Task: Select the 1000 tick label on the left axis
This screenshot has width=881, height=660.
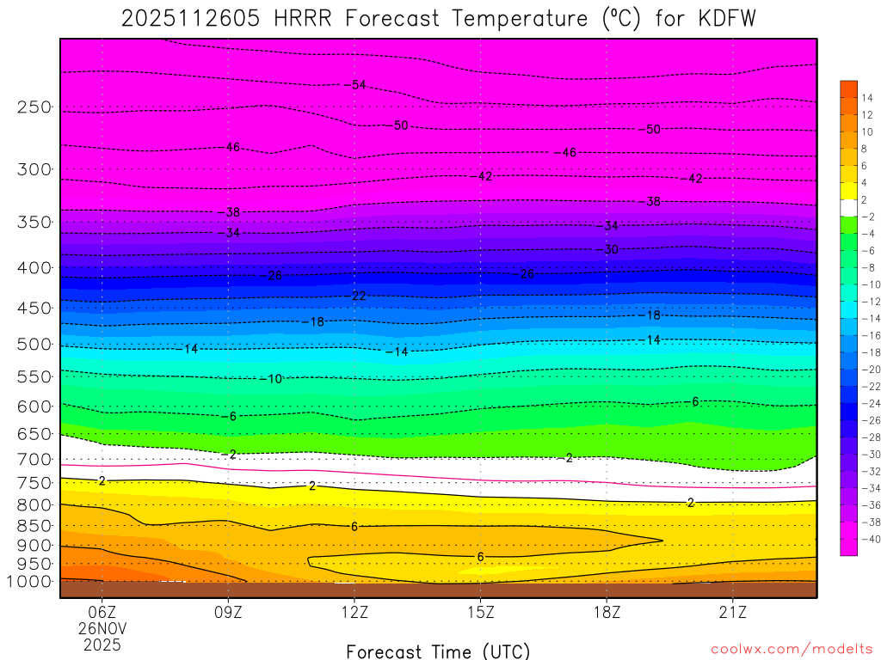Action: [x=28, y=581]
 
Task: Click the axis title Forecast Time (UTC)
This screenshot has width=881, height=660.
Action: [x=438, y=651]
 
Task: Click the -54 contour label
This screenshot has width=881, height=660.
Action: [x=355, y=84]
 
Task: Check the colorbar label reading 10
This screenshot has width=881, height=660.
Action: [x=866, y=131]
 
